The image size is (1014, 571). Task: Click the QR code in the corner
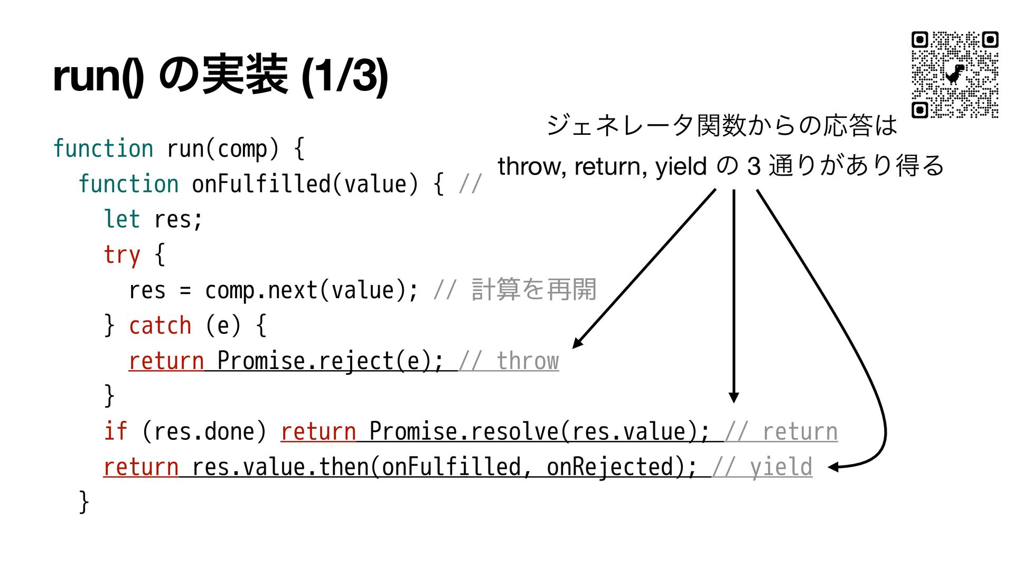click(x=954, y=75)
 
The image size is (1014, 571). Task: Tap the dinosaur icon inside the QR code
click(x=954, y=75)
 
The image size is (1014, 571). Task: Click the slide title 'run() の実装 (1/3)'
click(x=221, y=76)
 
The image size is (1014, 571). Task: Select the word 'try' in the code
click(x=122, y=255)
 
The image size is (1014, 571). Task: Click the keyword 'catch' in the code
click(x=160, y=326)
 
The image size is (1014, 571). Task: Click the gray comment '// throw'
click(x=509, y=361)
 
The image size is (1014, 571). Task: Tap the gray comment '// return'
click(x=781, y=432)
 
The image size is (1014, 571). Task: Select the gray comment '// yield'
click(x=762, y=467)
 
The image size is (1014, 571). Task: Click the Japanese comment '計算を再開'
click(x=533, y=290)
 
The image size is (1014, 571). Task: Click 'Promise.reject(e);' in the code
click(x=330, y=361)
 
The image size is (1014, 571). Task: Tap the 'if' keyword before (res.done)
click(x=115, y=432)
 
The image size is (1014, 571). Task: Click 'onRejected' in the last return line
click(x=610, y=467)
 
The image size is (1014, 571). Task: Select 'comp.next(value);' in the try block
click(x=312, y=290)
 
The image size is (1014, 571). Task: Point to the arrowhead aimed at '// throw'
click(x=578, y=343)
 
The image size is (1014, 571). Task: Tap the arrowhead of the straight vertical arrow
click(x=734, y=398)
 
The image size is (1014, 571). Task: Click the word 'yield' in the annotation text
click(x=681, y=167)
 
